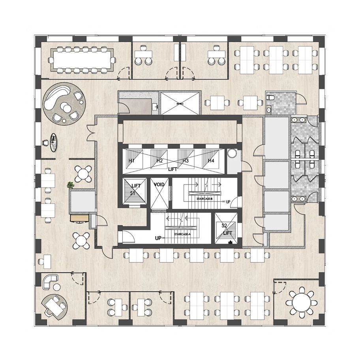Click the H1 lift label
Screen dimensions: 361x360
coord(132,161)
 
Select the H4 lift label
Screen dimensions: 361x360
coord(212,161)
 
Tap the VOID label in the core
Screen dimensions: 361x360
coord(159,184)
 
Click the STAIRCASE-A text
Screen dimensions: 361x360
coord(182,234)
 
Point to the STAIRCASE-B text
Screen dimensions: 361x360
coord(204,199)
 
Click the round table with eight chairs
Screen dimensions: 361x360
coord(302,302)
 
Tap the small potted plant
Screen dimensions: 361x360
coord(71,184)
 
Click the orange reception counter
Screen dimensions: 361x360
coord(79,218)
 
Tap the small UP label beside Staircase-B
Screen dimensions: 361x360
coord(228,202)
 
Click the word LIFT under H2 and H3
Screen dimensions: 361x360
coord(173,169)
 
